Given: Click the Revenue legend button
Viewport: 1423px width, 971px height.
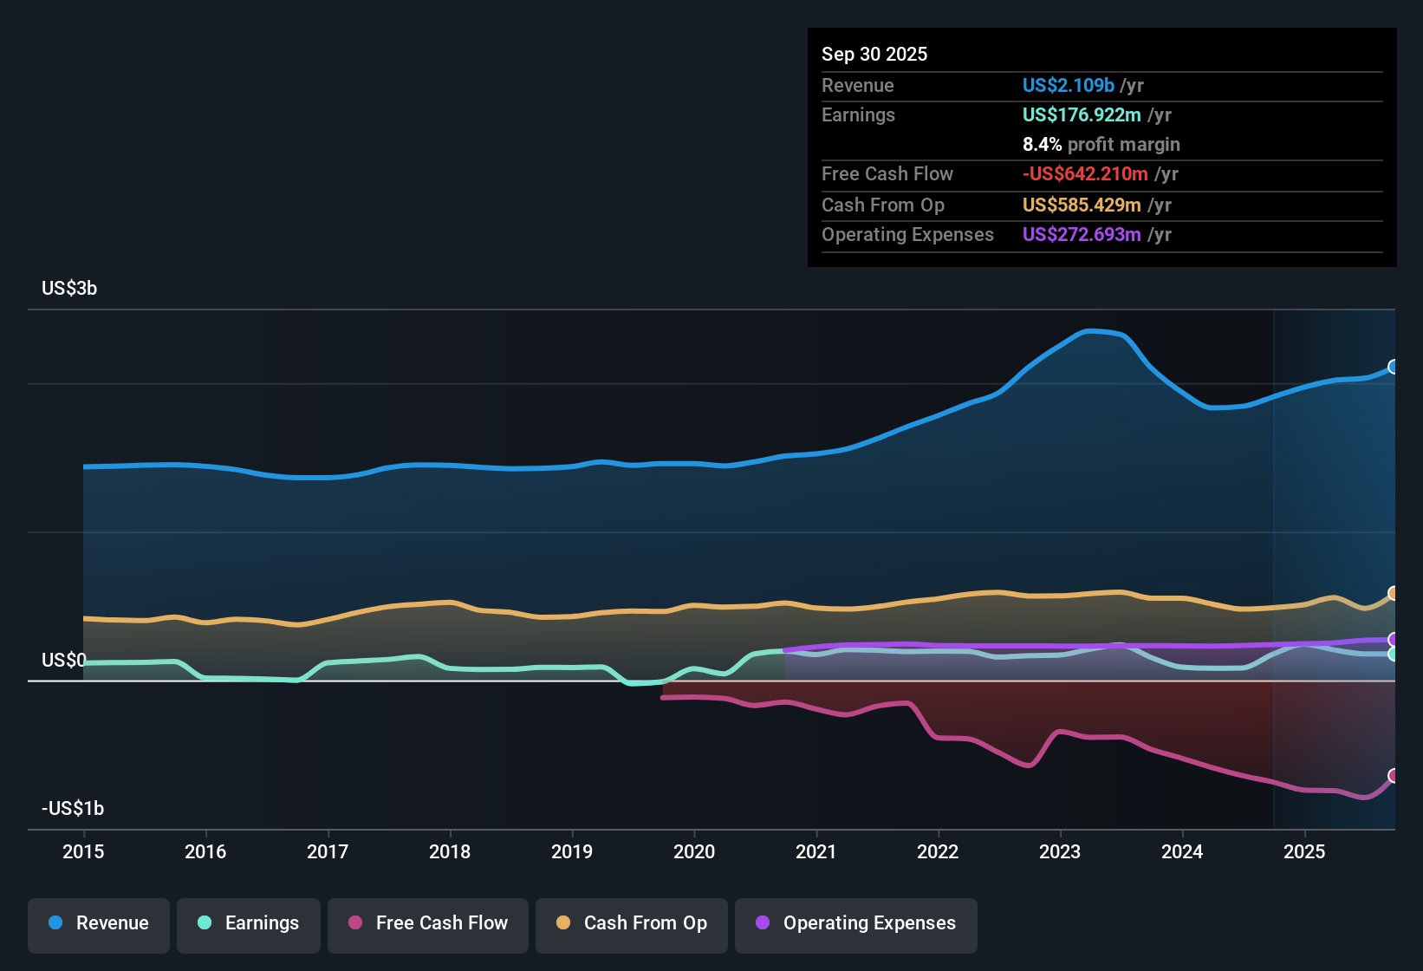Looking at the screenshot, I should click(99, 923).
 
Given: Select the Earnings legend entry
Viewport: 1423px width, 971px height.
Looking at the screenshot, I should click(249, 923).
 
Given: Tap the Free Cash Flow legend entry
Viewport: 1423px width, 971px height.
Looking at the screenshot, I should click(428, 923).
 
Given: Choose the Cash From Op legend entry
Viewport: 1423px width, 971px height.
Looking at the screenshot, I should click(632, 923).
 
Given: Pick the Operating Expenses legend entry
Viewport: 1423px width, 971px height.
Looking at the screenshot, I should click(856, 923).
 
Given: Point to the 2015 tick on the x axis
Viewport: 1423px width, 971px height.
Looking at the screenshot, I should click(83, 851).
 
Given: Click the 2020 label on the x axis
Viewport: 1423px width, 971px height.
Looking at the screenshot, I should click(694, 851).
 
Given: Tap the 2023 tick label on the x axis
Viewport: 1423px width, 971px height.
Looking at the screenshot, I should click(1060, 851).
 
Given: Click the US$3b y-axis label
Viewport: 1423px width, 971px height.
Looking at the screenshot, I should click(69, 288).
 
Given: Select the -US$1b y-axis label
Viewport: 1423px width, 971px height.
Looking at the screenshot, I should click(73, 808).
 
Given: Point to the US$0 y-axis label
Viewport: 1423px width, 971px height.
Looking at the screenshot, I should click(64, 660).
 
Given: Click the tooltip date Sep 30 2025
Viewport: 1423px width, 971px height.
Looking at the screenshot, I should click(874, 54).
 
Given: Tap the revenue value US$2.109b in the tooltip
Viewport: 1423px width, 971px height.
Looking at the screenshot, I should click(1068, 85).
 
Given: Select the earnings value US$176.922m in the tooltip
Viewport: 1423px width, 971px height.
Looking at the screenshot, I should click(1082, 114).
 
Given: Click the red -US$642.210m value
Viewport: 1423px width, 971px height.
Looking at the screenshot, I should click(1085, 173).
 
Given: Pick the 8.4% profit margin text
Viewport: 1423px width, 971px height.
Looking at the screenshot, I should click(1101, 144).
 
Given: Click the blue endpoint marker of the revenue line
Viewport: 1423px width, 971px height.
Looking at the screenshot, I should click(1394, 367).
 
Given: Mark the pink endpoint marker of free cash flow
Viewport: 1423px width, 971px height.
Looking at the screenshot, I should click(1394, 775).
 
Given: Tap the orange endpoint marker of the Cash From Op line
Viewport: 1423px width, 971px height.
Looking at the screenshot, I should click(1394, 593).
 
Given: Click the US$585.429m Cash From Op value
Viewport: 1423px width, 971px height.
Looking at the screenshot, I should click(1082, 205).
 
